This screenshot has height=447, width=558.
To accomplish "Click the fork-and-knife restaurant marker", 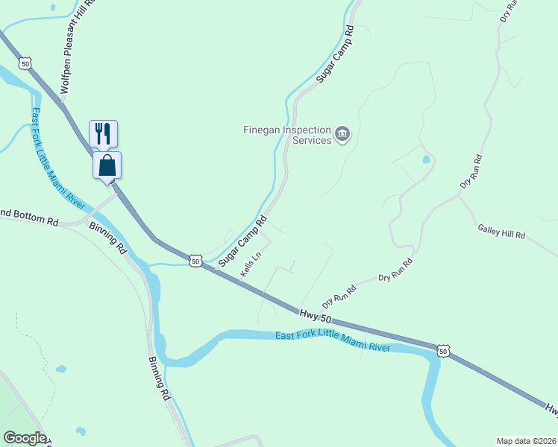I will tap(103, 133).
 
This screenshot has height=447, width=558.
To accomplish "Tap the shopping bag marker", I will tap(107, 165).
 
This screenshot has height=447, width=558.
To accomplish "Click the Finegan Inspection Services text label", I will tap(287, 135).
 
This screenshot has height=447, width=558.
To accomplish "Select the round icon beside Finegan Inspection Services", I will tap(342, 134).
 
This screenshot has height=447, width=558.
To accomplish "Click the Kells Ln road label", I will tap(251, 264).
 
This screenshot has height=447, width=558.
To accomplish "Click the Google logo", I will tap(25, 438).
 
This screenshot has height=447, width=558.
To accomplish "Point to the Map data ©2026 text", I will tap(525, 440).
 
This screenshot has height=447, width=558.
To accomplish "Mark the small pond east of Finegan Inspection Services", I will tap(426, 159).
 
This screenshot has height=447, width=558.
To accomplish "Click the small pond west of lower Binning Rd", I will tap(60, 369).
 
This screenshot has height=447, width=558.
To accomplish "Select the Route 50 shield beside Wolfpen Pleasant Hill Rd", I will tap(26, 65).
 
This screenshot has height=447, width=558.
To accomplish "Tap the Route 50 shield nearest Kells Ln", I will tap(195, 260).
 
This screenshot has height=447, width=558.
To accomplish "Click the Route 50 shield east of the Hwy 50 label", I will tap(444, 350).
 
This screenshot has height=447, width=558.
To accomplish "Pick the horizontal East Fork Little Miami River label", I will tap(333, 341).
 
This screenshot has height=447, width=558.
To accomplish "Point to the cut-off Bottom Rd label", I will tap(28, 218).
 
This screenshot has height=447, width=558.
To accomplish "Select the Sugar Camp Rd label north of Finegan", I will tap(333, 57).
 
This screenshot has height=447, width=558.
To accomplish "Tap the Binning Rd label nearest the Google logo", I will tap(158, 378).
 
